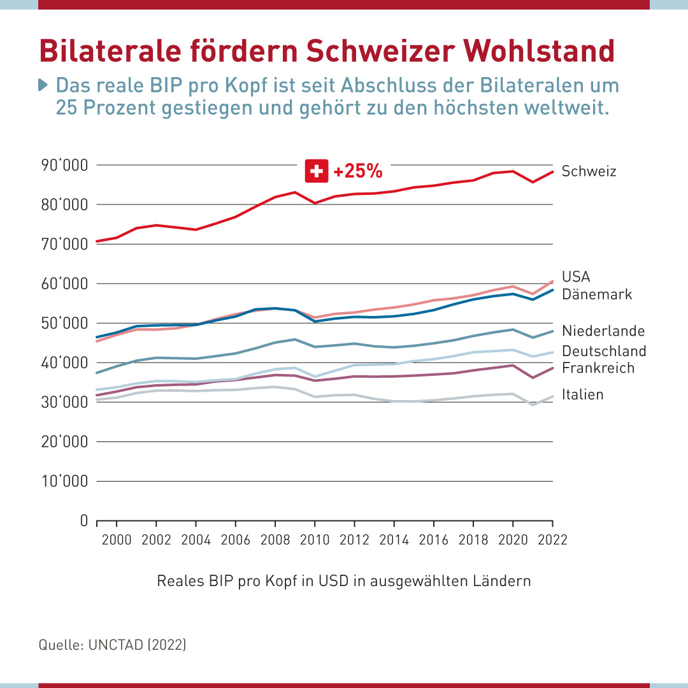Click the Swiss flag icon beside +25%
(317, 171)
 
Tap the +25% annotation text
(357, 171)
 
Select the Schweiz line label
(589, 171)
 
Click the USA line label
(576, 276)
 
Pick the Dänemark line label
(597, 294)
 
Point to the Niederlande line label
(603, 331)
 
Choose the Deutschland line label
(604, 351)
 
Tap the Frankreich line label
(598, 368)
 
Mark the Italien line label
(582, 395)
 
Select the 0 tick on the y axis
(83, 521)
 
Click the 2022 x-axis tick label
(552, 540)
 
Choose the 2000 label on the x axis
(117, 540)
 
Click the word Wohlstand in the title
(538, 50)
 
